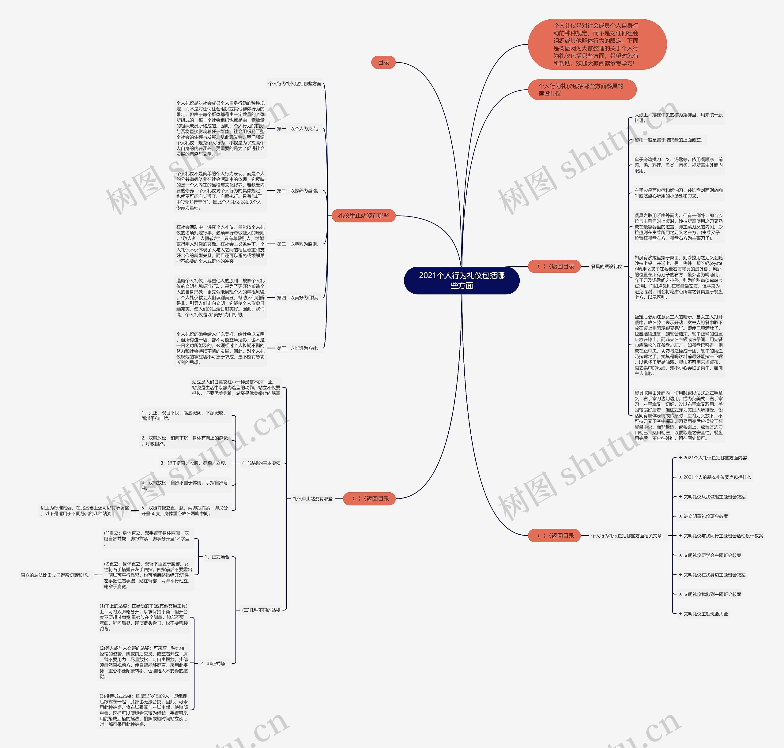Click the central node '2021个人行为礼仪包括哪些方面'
coord(462,280)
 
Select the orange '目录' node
coord(383,62)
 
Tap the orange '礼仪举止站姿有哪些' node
coord(363,216)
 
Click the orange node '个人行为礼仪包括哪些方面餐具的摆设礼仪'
coord(582,90)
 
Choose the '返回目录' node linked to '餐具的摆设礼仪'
coord(554,266)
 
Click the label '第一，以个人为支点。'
coord(298,129)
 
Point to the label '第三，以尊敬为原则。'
coord(298,244)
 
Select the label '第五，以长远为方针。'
coord(298,348)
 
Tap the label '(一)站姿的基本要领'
coord(261,463)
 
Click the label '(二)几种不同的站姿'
coord(261,610)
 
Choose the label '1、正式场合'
coord(217,557)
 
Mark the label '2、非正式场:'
coord(214,663)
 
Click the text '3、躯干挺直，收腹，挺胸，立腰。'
coord(194,463)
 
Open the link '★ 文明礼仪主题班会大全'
coord(703,614)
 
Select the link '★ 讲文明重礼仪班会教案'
coord(703,516)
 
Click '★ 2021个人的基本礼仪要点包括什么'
coord(714,477)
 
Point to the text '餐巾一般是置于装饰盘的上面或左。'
coord(669,140)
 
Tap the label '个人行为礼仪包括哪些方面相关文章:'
coord(627,536)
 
